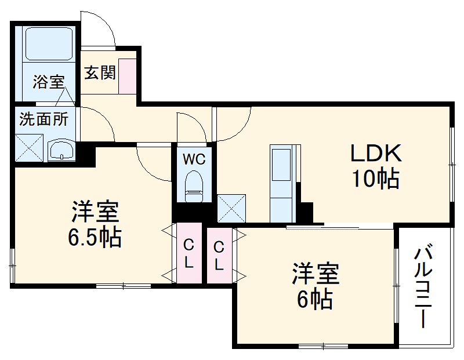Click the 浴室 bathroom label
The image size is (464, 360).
(x=48, y=82)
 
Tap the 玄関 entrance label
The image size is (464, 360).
(x=100, y=72)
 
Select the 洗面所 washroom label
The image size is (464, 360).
(x=43, y=119)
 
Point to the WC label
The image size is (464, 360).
(x=194, y=159)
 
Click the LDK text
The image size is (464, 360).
(x=375, y=154)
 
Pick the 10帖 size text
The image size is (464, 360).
(x=375, y=179)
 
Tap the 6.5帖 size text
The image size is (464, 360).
(x=95, y=237)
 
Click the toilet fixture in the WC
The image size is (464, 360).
(x=194, y=186)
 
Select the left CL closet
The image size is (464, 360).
(x=189, y=253)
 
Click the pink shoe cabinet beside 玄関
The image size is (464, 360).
(x=127, y=75)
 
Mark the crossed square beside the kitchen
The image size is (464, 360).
(x=230, y=208)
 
